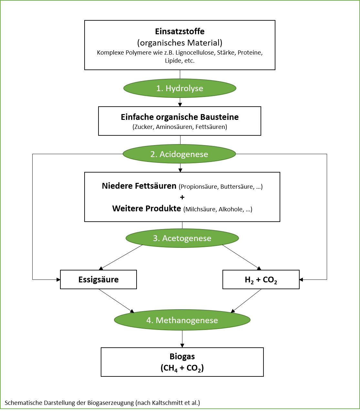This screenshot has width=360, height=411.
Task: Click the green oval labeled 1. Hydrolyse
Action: pos(180,88)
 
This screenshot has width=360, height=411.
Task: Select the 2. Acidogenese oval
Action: pos(180,154)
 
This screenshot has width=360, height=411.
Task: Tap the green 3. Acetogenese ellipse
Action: pos(182,238)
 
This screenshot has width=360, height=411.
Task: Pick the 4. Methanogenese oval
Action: pos(182,320)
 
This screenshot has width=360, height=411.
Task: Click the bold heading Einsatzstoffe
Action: pos(180,31)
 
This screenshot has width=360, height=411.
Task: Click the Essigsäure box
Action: pos(98,279)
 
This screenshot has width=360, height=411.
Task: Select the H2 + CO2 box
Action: pos(261,279)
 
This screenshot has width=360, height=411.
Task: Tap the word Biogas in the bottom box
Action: pos(182,357)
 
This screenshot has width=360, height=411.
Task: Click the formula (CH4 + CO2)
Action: pos(182,368)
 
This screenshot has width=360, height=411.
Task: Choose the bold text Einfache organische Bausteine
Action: pos(180,117)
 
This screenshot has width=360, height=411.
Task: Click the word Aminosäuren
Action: pos(174,127)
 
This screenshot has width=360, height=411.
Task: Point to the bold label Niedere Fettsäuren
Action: pos(139,186)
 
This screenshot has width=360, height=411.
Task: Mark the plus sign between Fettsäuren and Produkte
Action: pos(182,197)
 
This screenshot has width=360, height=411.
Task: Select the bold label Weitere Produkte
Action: pos(147,208)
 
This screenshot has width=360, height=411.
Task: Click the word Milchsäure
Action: pos(201,209)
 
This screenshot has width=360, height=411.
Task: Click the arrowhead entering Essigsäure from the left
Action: pos(58,280)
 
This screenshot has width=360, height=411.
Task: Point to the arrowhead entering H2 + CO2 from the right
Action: pos(302,280)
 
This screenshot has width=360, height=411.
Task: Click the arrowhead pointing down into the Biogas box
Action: pos(182,345)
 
